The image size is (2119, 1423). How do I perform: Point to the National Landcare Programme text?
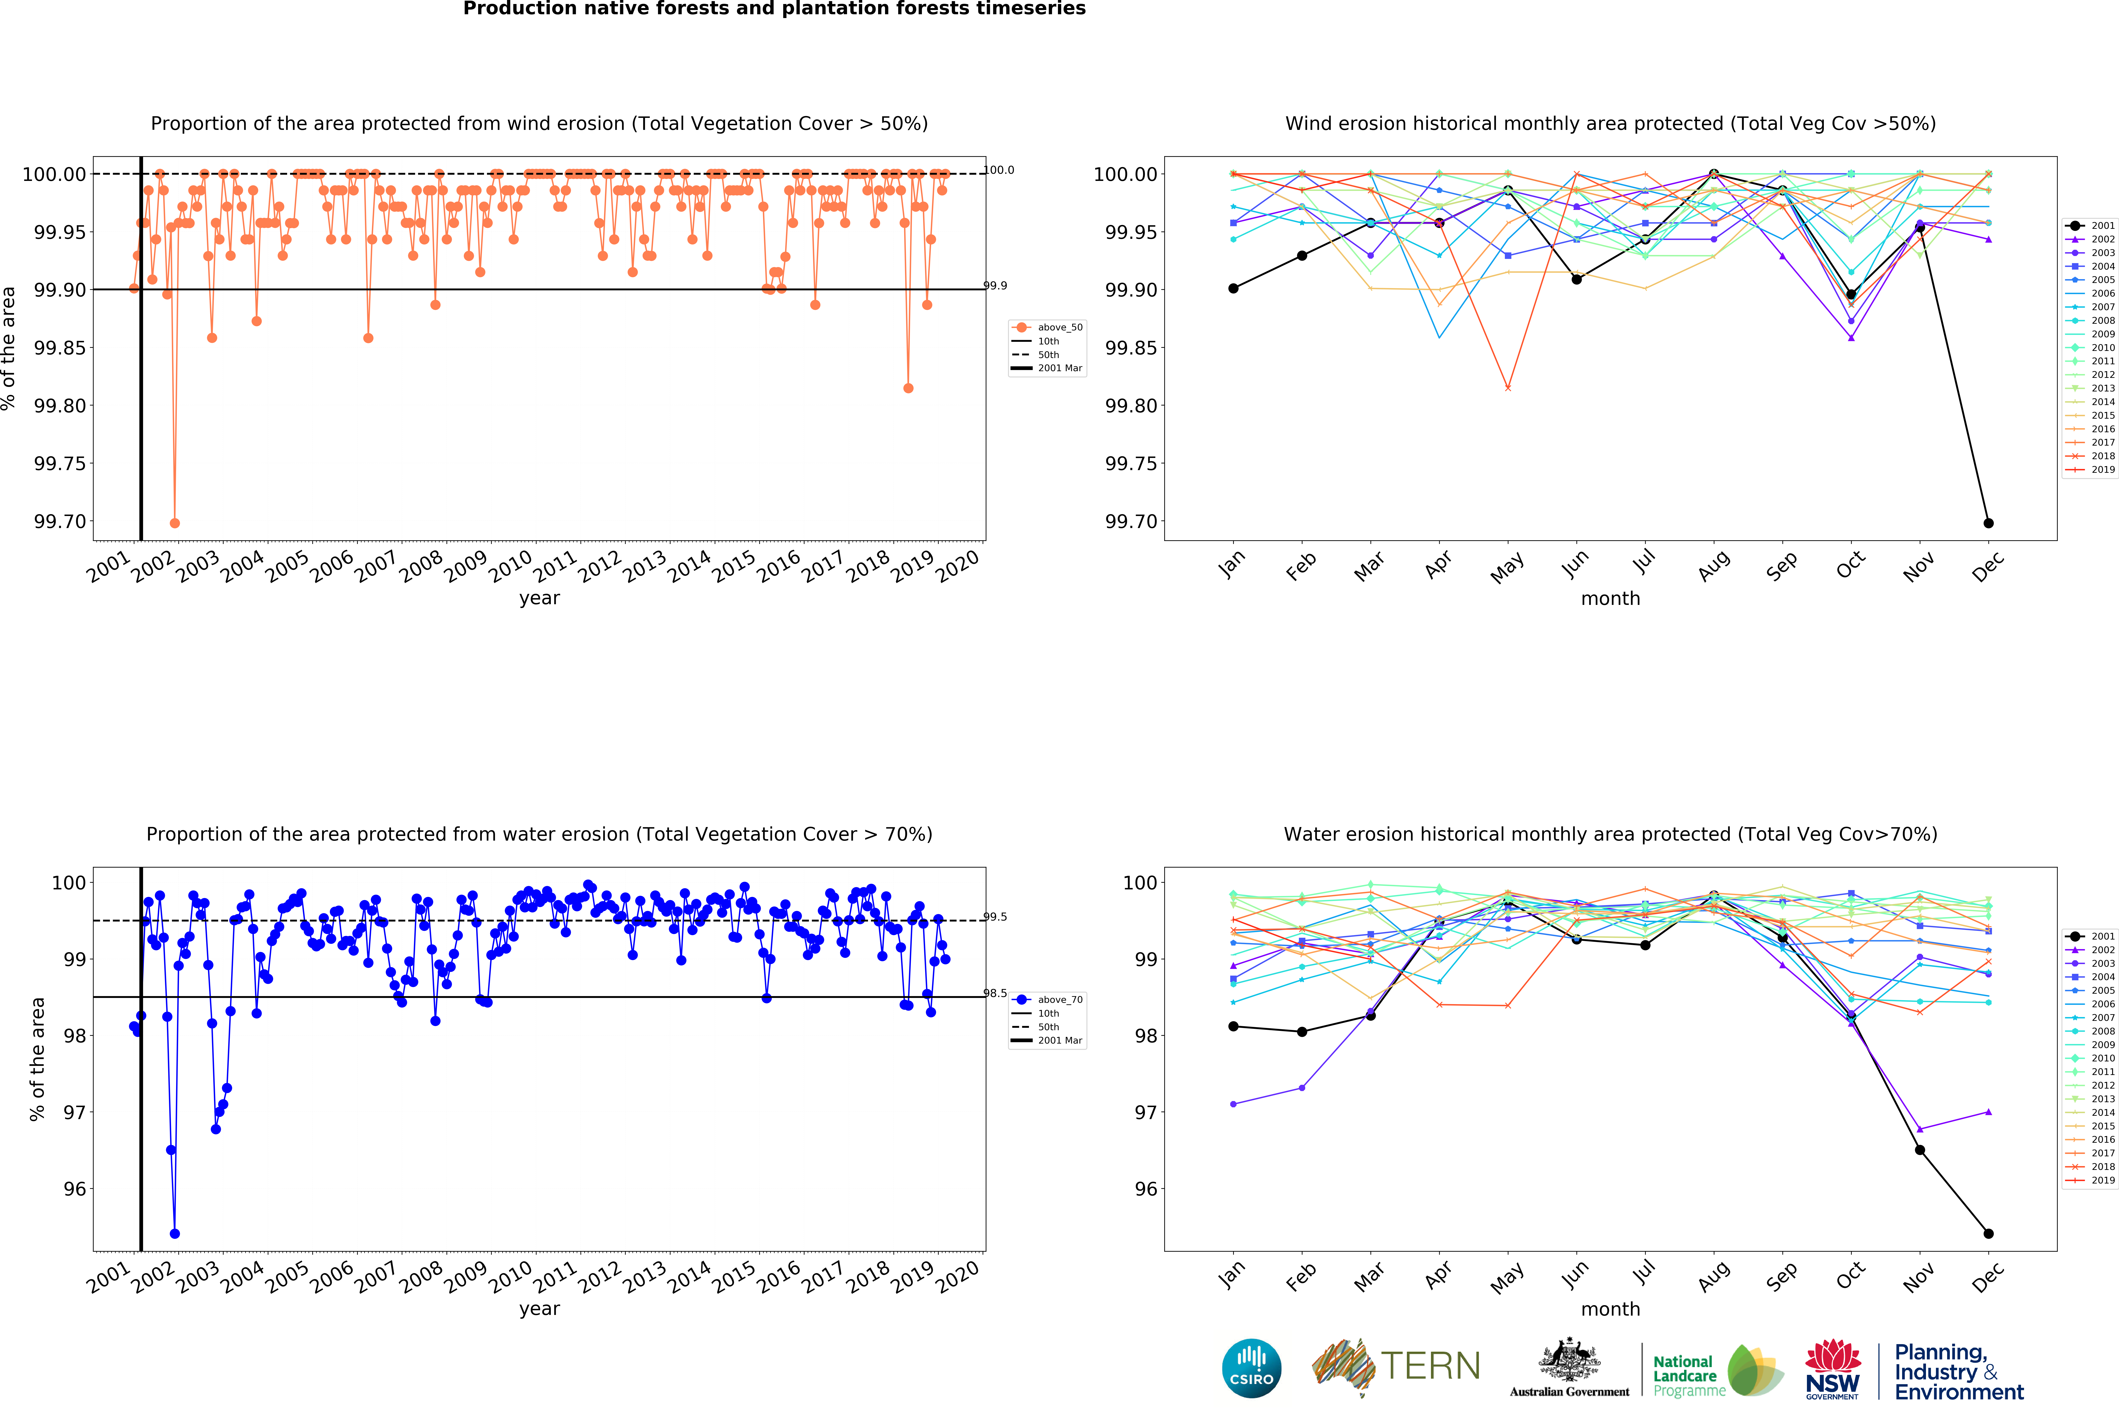1688,1376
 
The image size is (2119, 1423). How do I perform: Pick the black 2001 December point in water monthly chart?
1988,1233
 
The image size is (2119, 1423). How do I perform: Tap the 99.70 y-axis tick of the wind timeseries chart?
60,522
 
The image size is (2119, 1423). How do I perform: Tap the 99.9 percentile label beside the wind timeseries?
995,286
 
